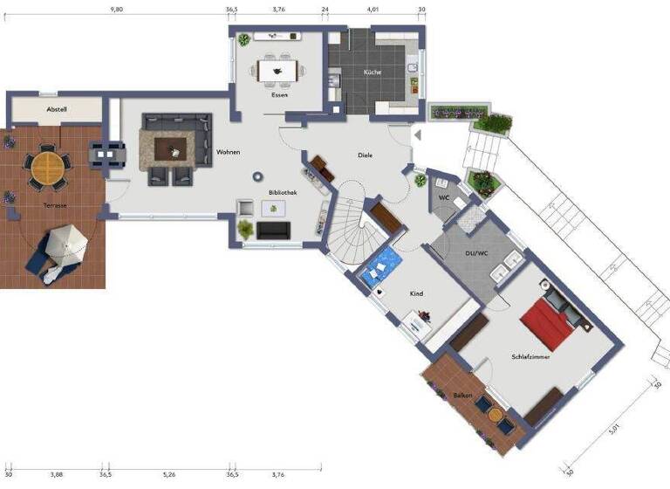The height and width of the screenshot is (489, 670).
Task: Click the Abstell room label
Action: click(x=57, y=109)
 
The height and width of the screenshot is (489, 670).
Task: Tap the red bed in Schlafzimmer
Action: click(x=550, y=319)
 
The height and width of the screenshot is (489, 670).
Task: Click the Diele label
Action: click(x=365, y=155)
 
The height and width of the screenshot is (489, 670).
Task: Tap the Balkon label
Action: click(x=462, y=396)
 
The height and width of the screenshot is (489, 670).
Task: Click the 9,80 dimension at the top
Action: click(x=116, y=9)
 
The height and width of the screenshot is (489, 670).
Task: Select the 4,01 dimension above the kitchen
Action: click(x=373, y=9)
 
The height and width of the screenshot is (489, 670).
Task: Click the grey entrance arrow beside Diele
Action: click(x=417, y=135)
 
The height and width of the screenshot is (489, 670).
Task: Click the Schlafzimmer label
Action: click(x=530, y=356)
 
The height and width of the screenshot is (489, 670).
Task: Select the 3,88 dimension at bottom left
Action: click(x=57, y=474)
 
